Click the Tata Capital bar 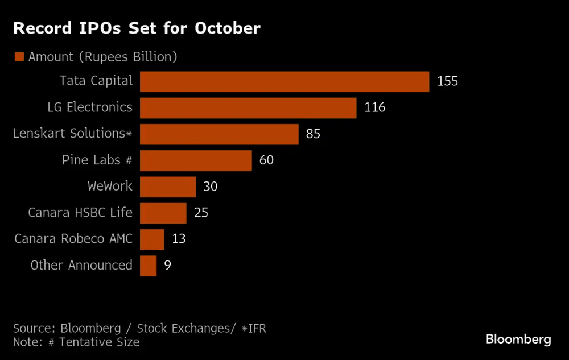(x=284, y=81)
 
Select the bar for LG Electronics (x=248, y=107)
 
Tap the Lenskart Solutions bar (x=219, y=134)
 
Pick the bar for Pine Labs (x=196, y=160)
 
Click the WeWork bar (x=168, y=187)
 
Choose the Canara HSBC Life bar (x=163, y=213)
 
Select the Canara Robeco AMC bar (x=152, y=239)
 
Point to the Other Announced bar (x=148, y=266)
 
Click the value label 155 (x=447, y=81)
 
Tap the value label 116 (x=375, y=107)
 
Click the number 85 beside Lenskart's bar (x=313, y=134)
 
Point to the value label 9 (x=167, y=266)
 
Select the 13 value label (x=179, y=239)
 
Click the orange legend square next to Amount (x=19, y=57)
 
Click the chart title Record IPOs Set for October (x=137, y=28)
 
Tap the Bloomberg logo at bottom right (x=518, y=340)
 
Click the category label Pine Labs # (x=97, y=160)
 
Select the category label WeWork (x=110, y=186)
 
